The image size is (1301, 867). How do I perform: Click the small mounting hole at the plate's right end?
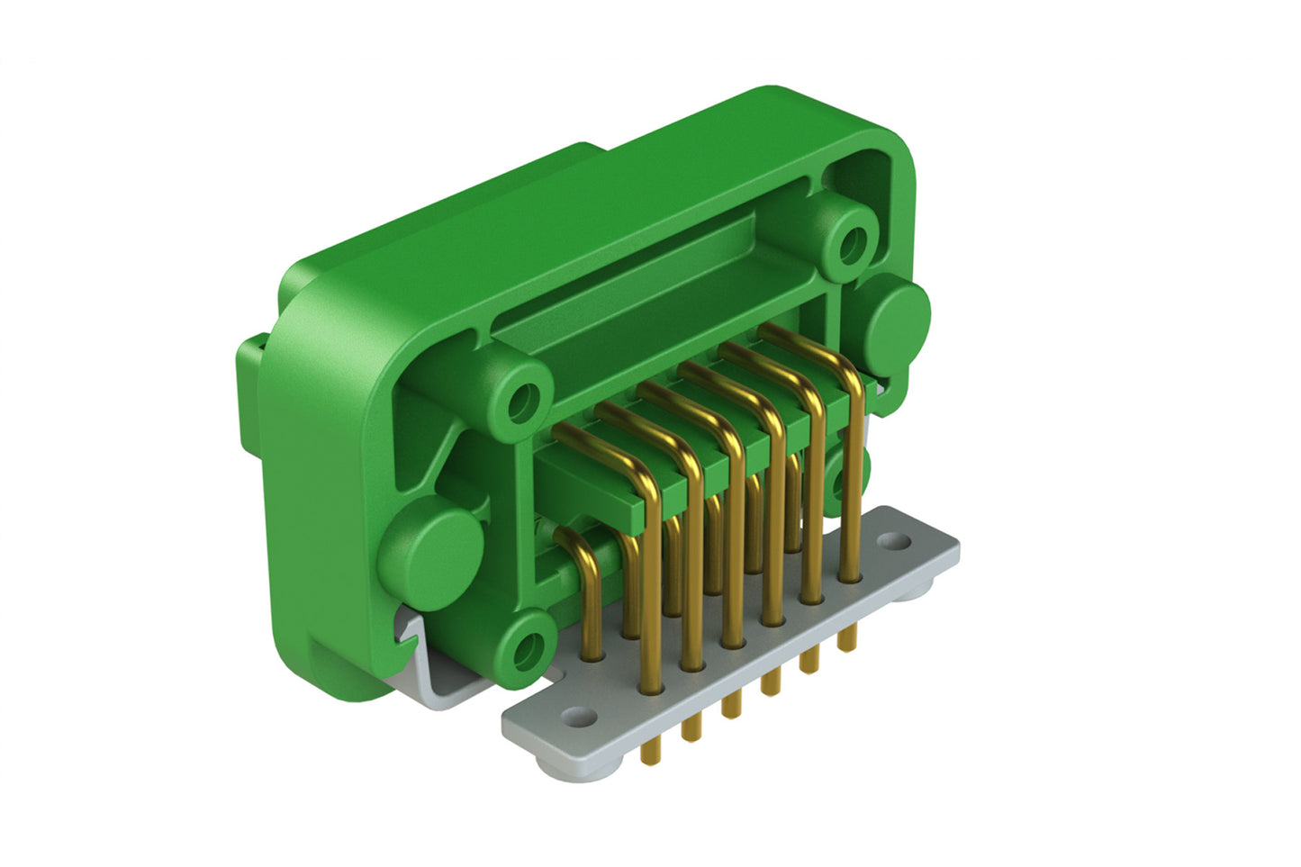[893, 541]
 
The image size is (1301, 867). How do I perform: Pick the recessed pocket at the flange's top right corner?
[860, 172]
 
